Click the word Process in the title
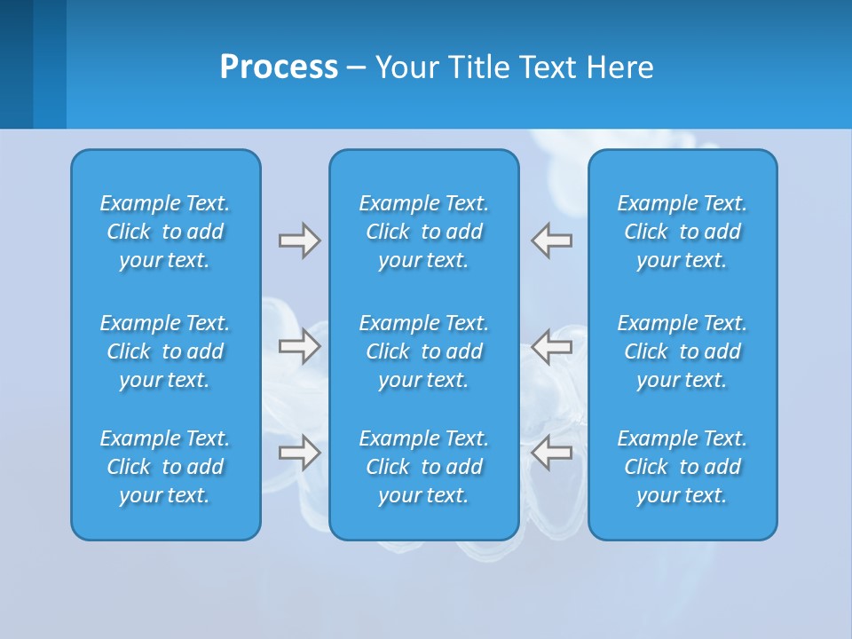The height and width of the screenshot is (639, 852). (279, 67)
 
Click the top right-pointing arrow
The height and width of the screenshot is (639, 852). (299, 241)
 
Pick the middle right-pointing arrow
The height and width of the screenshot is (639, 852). (299, 346)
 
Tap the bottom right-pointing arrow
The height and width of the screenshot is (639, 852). (299, 452)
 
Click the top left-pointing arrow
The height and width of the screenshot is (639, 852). (551, 241)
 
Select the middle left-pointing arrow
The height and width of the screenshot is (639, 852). (551, 346)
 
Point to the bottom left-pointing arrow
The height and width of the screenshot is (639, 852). (551, 452)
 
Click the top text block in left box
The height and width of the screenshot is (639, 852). (165, 232)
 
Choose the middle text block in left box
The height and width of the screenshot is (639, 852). (165, 351)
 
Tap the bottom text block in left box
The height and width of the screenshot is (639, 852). (165, 467)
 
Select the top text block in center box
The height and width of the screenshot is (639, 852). (423, 232)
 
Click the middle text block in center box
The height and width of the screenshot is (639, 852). (423, 351)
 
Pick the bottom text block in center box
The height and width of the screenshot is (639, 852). (423, 467)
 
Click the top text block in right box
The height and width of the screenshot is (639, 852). (682, 232)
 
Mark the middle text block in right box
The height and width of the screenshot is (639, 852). (682, 351)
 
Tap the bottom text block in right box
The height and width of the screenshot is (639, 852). (682, 467)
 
